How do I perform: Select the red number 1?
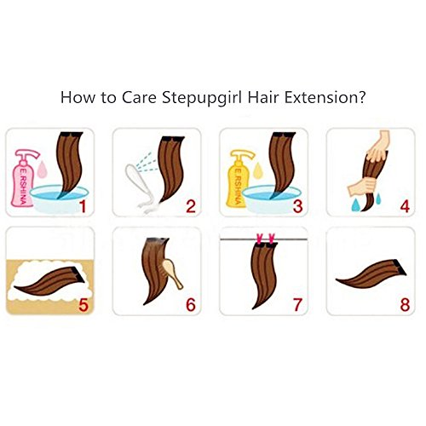click(x=83, y=206)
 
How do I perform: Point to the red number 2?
click(x=191, y=206)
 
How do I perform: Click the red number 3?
click(x=297, y=206)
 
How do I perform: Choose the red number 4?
click(x=405, y=206)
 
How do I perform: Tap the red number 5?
click(x=83, y=305)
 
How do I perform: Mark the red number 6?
click(x=191, y=305)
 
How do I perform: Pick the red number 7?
click(x=297, y=305)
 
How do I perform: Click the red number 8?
click(x=405, y=305)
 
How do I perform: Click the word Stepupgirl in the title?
click(x=202, y=98)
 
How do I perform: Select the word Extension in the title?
click(x=325, y=97)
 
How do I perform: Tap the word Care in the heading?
click(x=139, y=97)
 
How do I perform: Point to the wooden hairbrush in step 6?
click(x=172, y=273)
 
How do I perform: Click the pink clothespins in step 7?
click(x=266, y=239)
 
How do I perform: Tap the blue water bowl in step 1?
click(x=59, y=199)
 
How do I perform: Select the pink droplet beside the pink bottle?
click(x=42, y=170)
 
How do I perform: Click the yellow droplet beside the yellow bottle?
click(x=257, y=170)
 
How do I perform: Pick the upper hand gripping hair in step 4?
click(x=377, y=147)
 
